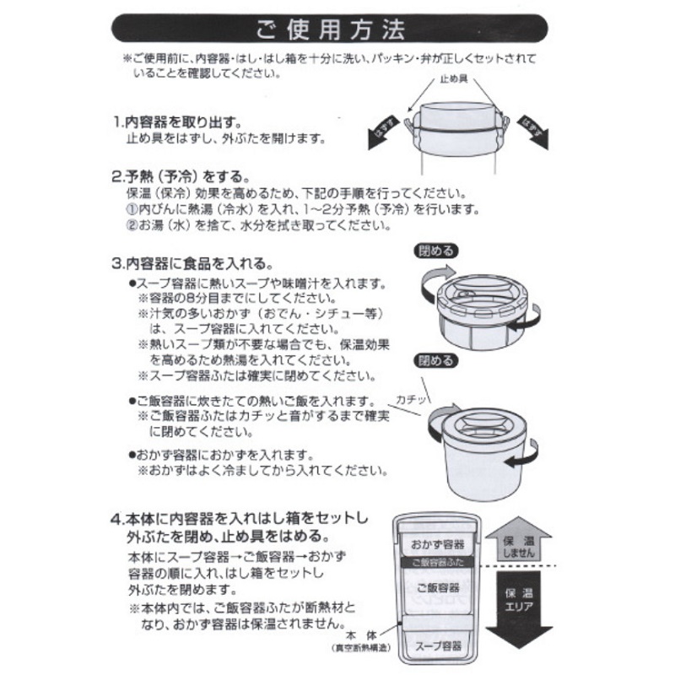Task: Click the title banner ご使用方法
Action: pos(329,29)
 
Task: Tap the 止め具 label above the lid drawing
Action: pos(453,79)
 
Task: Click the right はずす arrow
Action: pos(533,132)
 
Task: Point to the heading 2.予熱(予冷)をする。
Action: pos(181,176)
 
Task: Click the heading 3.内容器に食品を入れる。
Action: pos(192,263)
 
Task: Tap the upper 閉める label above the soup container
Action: pos(436,251)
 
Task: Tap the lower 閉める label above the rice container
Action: pos(436,360)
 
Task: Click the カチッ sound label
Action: pos(411,400)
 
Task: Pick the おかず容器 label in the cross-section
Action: pos(437,544)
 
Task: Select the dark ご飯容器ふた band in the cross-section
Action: pos(437,562)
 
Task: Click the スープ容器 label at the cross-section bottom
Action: pos(438,645)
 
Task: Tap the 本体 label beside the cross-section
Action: pos(361,635)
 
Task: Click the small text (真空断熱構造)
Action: pos(361,648)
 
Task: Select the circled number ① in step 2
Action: pos(132,209)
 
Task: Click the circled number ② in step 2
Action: pos(132,224)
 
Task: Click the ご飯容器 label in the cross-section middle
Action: pos(438,587)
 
